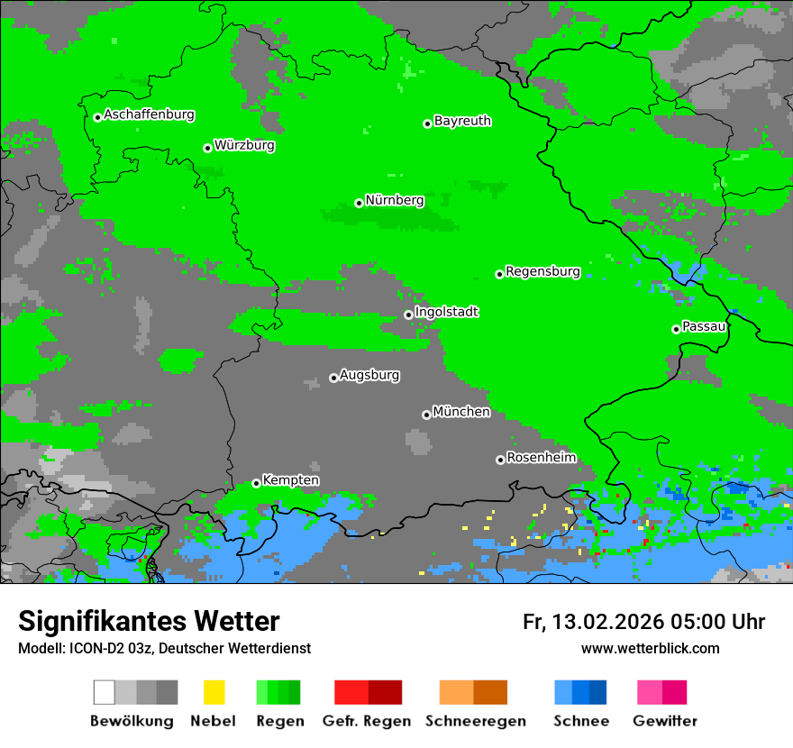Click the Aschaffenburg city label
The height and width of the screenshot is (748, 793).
[149, 115]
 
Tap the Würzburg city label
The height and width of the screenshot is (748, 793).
[244, 146]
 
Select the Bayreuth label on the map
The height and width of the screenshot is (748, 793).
[462, 122]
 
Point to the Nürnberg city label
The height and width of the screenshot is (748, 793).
[395, 201]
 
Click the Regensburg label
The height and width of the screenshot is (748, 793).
[542, 272]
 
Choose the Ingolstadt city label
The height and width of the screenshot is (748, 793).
[446, 313]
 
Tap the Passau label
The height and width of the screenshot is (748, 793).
[704, 327]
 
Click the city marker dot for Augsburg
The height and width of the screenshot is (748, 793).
[333, 378]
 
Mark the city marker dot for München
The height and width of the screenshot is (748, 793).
[426, 415]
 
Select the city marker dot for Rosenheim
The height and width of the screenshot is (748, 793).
[500, 460]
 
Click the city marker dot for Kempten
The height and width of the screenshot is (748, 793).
[256, 483]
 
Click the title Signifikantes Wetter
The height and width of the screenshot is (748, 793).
[149, 621]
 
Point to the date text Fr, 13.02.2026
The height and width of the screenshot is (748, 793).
[593, 622]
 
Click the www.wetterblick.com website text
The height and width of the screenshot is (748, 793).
[650, 649]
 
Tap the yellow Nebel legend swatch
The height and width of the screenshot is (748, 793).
[214, 692]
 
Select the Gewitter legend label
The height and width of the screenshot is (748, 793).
[665, 721]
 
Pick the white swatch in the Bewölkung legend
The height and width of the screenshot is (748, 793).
[104, 692]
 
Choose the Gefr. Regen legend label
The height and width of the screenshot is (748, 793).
[367, 721]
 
